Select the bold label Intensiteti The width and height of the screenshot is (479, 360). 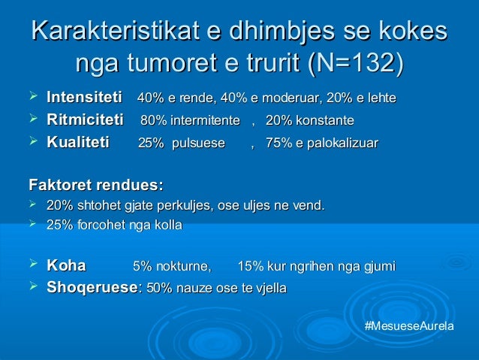coord(84,98)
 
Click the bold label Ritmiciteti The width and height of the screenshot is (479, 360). coord(85,120)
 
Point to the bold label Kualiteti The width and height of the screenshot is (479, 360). coord(77,143)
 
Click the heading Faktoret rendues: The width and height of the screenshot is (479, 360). coord(95,184)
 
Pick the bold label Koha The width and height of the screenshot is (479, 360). coord(66,265)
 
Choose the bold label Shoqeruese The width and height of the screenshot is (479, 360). coord(92,287)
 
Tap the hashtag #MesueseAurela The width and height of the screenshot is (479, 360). coord(408,328)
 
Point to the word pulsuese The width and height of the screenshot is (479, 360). coord(198,144)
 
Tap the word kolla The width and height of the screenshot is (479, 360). coord(168,225)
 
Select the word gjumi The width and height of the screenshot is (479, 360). coord(379,266)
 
